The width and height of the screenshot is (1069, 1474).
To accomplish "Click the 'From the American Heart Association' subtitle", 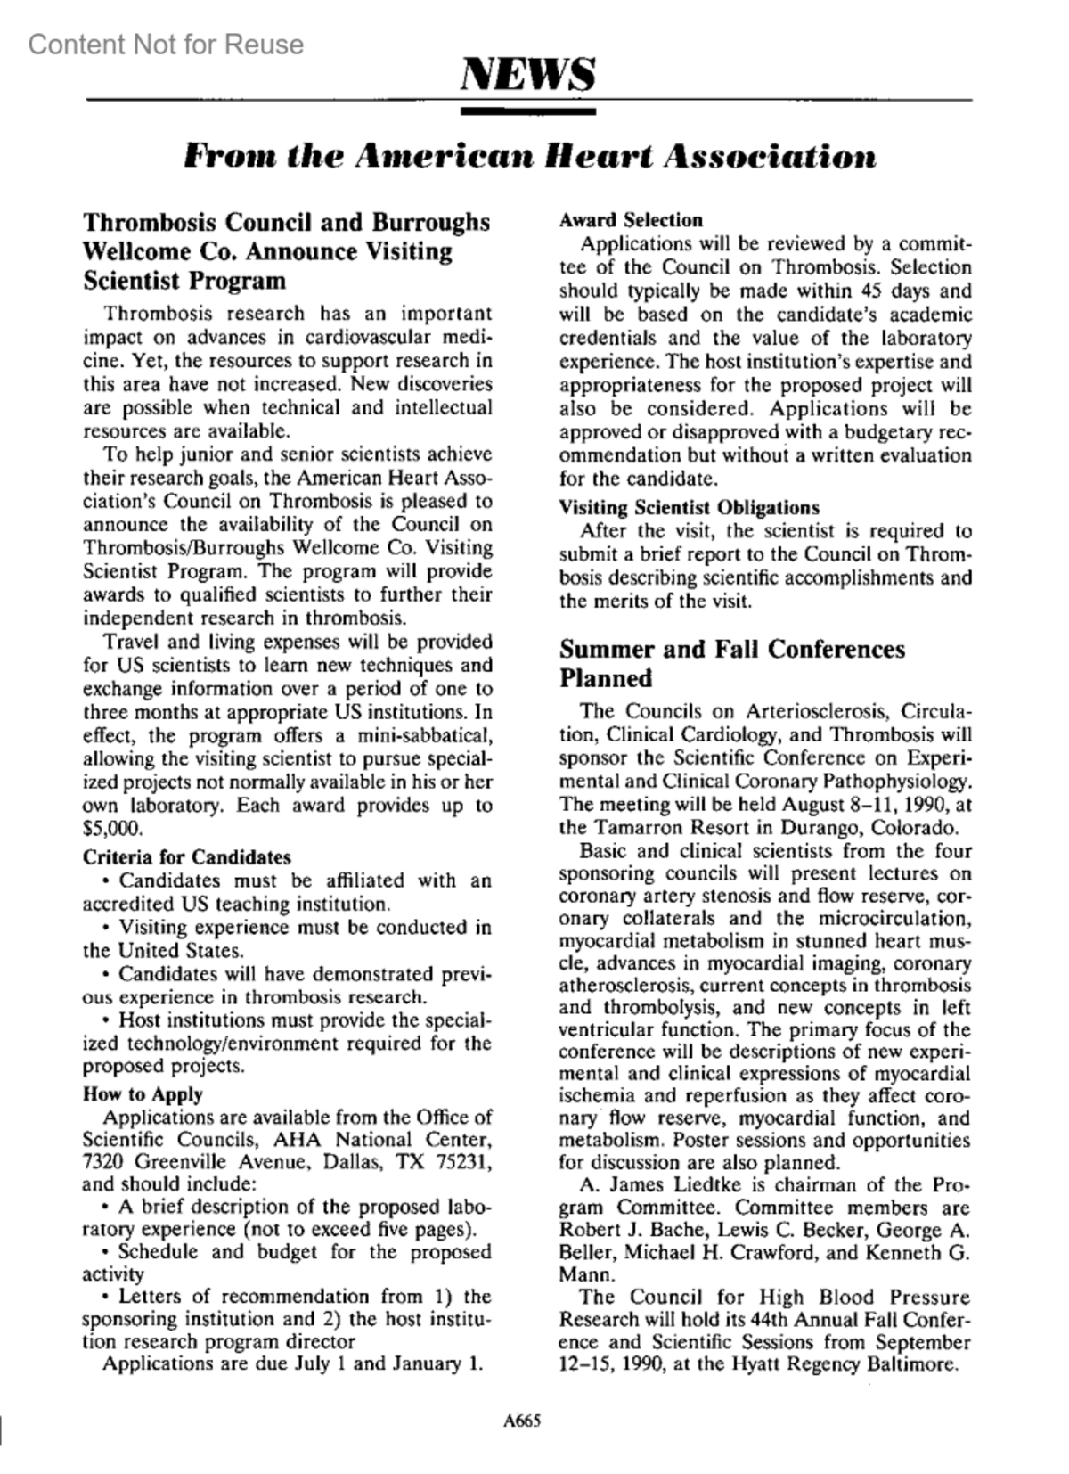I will (529, 157).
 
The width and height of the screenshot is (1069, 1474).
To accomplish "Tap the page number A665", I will (523, 1421).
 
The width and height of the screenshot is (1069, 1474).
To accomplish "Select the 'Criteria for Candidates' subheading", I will (186, 857).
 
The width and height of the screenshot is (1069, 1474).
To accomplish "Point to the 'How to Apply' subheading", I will (143, 1093).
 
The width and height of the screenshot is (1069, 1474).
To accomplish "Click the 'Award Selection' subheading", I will (631, 220).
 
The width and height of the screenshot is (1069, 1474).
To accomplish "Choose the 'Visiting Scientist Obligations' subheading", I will (689, 508).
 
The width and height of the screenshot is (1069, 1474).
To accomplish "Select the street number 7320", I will (102, 1162).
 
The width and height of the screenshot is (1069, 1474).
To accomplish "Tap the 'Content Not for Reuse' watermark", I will (166, 44).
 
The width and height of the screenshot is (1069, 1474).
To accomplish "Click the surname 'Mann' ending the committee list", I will (583, 1274).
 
